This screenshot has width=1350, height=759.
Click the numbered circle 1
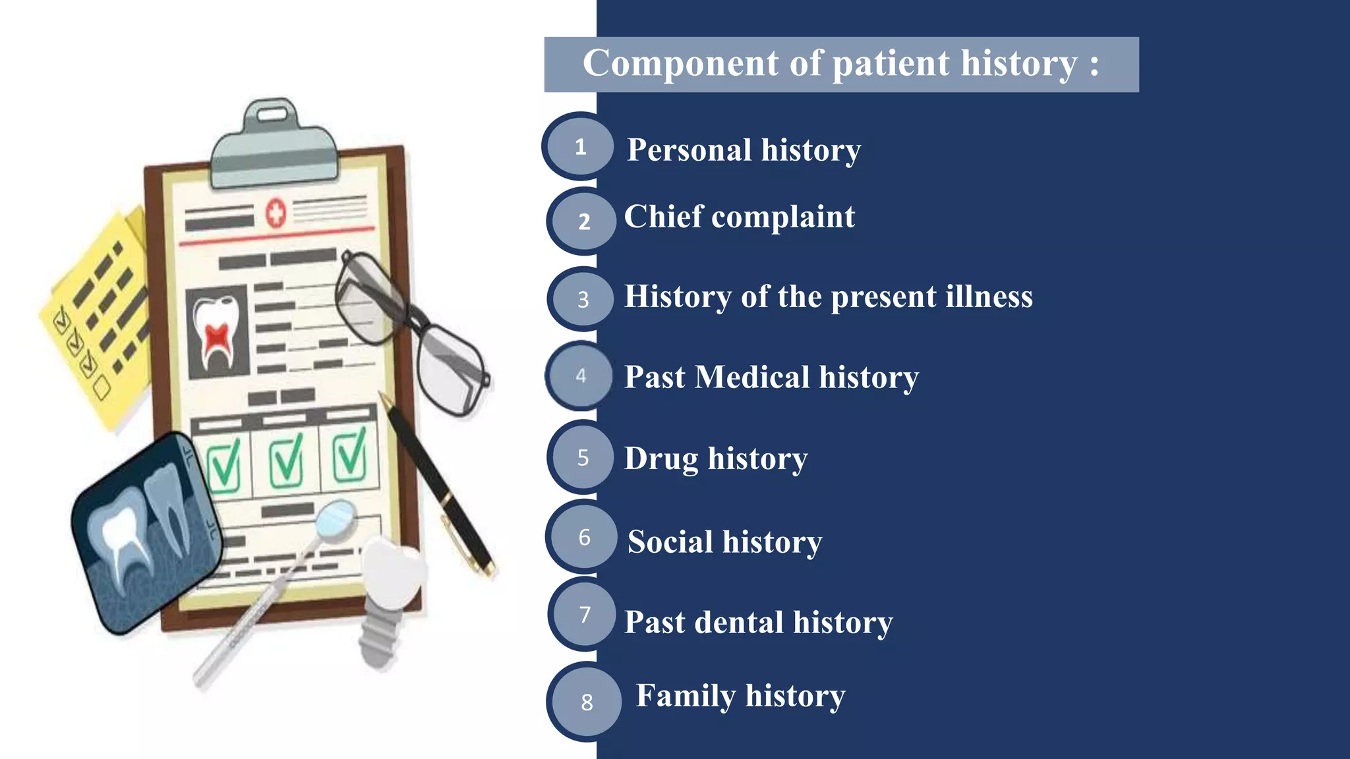click(580, 146)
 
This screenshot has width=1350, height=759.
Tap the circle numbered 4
click(580, 376)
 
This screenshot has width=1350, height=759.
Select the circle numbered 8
click(586, 702)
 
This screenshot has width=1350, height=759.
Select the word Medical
click(752, 378)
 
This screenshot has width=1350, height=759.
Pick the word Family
click(686, 696)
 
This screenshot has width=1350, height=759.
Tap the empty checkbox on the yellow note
click(101, 387)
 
